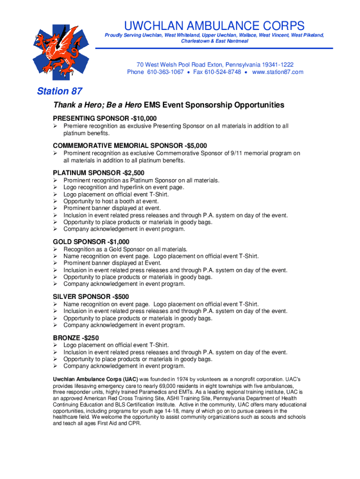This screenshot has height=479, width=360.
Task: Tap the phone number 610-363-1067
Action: (165, 72)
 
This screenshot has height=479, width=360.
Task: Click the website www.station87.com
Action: (278, 72)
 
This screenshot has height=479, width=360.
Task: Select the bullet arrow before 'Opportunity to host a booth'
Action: (55, 201)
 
